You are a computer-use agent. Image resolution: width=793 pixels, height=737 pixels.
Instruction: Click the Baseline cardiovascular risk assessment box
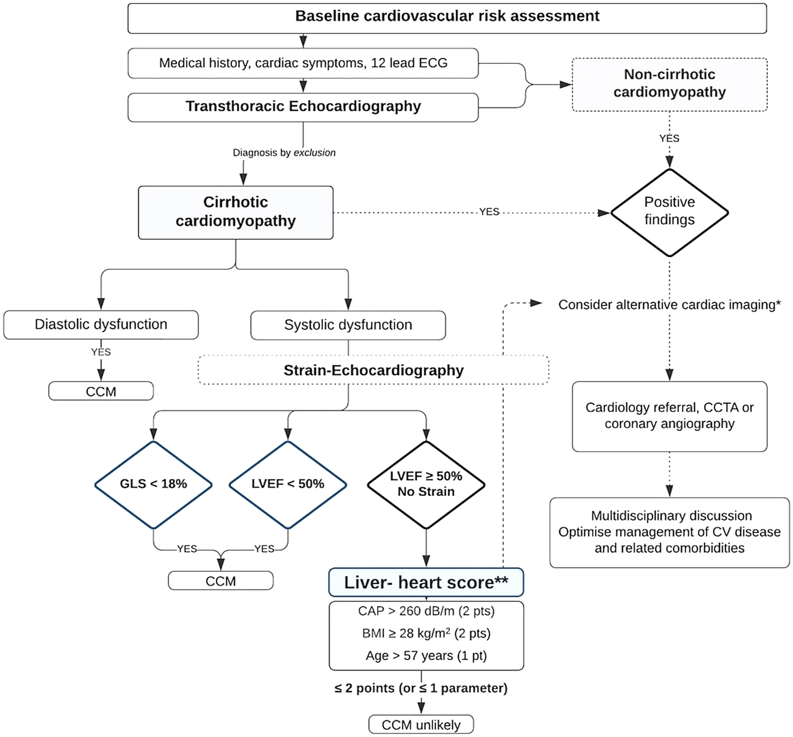pos(447,18)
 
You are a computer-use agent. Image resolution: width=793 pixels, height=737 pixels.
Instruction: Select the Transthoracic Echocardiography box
pos(303,107)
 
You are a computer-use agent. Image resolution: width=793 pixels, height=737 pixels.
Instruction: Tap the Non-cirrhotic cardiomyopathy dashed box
pos(670,85)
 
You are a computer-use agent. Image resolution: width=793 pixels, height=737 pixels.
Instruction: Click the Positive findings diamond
pos(670,213)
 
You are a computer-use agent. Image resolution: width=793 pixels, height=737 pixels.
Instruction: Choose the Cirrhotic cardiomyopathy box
pos(236,213)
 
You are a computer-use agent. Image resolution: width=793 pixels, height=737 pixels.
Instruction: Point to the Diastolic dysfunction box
pos(101,324)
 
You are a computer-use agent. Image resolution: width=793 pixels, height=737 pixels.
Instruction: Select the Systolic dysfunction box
pos(348,325)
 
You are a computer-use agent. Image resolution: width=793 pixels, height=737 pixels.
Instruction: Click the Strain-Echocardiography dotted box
pos(373,370)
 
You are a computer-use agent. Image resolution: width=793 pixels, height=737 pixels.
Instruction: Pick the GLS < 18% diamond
pos(154,484)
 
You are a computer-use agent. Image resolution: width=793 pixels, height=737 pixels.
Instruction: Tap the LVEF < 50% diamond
pos(288,484)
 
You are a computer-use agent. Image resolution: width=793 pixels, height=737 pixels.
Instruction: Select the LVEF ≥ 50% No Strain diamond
pos(426,484)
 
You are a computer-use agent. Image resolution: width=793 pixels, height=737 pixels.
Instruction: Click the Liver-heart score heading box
pos(426,582)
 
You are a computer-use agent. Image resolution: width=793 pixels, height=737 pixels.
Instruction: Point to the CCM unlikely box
pos(421,724)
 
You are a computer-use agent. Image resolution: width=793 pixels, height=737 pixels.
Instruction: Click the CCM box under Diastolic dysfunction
pos(101,391)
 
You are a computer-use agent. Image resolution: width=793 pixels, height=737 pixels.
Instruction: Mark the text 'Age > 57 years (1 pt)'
pos(426,656)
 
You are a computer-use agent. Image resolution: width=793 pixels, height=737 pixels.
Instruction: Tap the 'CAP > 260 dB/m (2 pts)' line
pos(426,611)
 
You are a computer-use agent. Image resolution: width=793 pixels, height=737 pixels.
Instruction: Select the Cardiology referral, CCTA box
pos(670,416)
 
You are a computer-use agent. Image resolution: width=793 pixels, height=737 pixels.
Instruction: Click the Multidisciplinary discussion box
pos(670,532)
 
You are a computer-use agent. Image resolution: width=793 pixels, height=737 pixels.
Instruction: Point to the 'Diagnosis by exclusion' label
pos(284,153)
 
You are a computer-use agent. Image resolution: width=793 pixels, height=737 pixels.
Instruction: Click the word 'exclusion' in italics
pos(315,153)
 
